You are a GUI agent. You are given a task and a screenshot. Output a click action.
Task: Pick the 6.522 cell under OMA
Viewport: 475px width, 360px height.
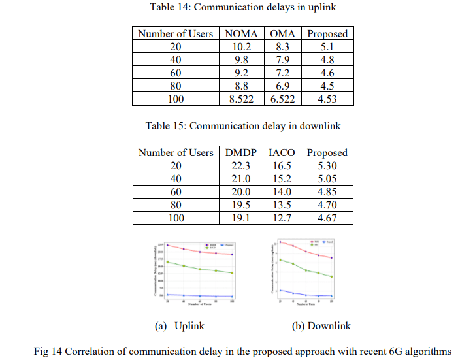coord(283,99)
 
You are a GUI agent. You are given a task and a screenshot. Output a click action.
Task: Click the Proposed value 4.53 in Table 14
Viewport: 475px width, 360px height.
coord(327,99)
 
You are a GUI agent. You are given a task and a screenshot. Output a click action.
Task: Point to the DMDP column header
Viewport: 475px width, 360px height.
coord(241,153)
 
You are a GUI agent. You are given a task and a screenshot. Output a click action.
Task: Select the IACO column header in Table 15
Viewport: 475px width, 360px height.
coord(282,153)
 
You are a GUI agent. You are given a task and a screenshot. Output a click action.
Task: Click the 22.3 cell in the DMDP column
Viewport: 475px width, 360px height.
coord(241,166)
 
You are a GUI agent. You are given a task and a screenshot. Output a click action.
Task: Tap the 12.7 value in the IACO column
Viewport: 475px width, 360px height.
coord(282,218)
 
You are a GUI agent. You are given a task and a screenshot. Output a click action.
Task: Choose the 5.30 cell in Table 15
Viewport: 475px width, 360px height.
coord(327,166)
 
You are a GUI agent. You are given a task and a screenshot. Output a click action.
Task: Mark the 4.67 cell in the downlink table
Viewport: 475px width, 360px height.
coord(327,218)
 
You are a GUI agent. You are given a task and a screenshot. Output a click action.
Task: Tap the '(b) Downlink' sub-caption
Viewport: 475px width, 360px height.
coord(321,325)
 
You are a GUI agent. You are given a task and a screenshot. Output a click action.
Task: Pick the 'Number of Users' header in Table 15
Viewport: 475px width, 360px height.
coord(176,153)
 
